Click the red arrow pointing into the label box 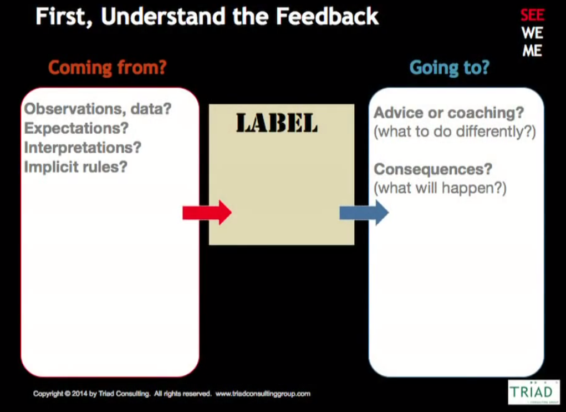(207, 213)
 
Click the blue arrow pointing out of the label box (364, 213)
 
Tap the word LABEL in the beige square (277, 123)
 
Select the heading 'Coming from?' (107, 68)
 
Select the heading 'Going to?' (450, 68)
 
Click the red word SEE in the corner (532, 15)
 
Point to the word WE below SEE (532, 33)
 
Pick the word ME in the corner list (532, 51)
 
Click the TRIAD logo (534, 392)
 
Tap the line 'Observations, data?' (98, 109)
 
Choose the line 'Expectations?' (76, 128)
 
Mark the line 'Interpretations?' (83, 148)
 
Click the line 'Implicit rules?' (76, 167)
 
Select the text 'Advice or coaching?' (448, 113)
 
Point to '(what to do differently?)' (455, 132)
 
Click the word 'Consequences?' (433, 169)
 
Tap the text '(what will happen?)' (440, 188)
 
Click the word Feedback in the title (327, 16)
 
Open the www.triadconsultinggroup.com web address (263, 394)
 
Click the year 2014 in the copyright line (79, 394)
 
